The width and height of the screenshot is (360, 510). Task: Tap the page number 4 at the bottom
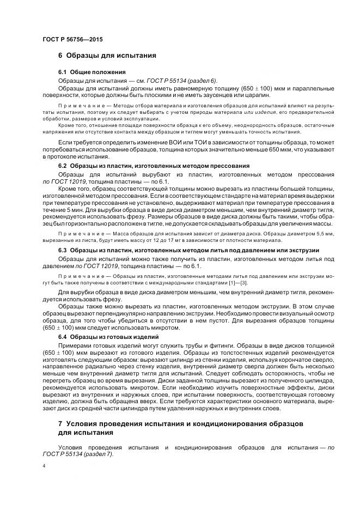point(44,467)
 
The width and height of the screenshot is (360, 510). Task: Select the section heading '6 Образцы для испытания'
point(107,56)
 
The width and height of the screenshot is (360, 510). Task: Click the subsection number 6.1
point(62,72)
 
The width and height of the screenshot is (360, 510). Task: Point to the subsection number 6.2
point(62,166)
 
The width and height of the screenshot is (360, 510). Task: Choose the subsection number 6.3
point(62,250)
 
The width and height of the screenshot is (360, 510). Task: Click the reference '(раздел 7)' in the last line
point(100,454)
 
